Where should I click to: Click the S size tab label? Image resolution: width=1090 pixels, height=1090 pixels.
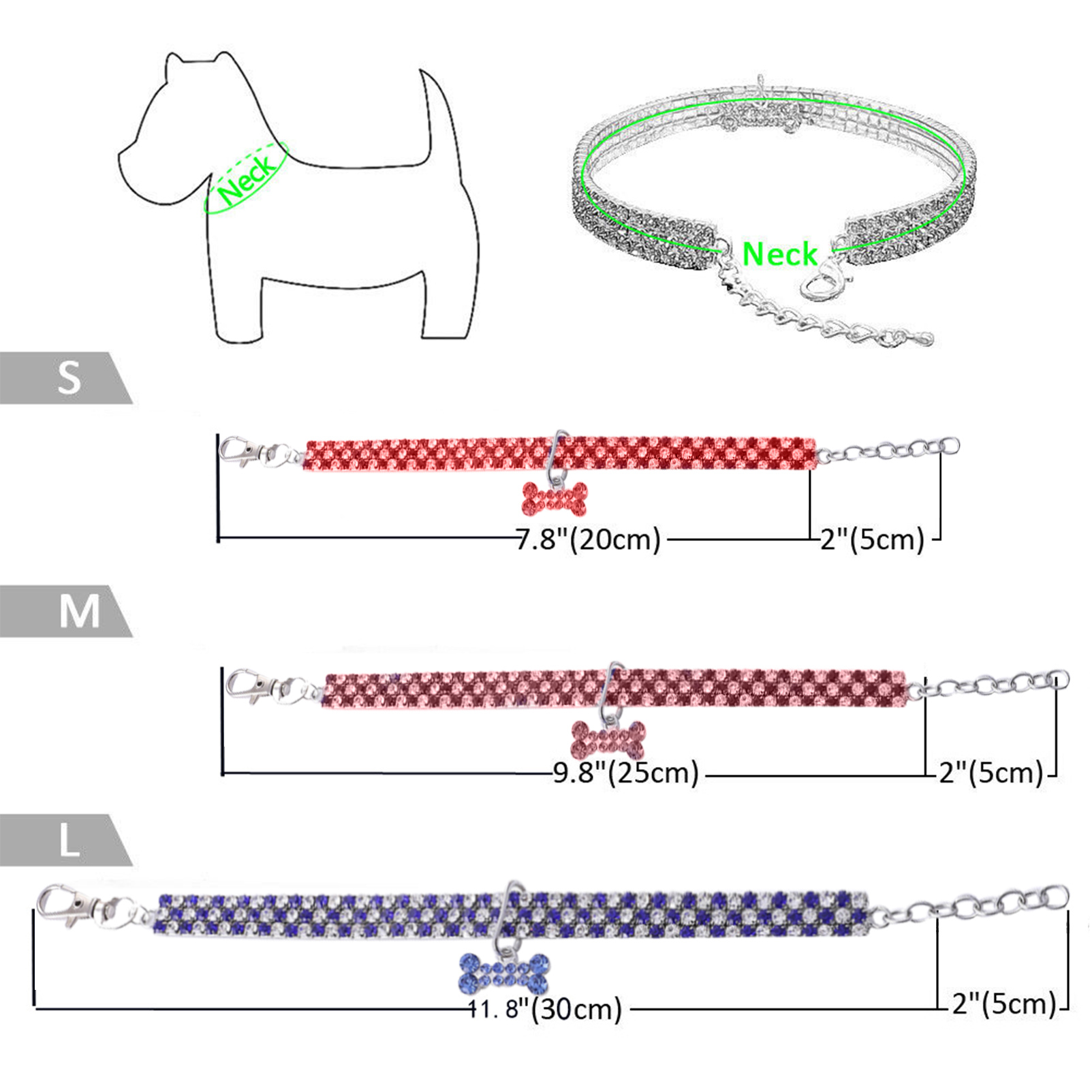click(69, 377)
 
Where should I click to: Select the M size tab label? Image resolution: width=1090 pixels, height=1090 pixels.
click(79, 611)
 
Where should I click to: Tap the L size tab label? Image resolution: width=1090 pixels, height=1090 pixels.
click(69, 841)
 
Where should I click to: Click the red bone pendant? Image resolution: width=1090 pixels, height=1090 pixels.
click(554, 499)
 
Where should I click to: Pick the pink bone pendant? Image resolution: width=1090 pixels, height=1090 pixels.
click(608, 740)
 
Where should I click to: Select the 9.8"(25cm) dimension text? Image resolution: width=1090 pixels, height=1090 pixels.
click(625, 773)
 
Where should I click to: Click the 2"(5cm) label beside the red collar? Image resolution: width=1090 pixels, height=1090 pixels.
click(872, 540)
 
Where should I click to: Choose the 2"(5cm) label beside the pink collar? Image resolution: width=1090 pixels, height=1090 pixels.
click(991, 773)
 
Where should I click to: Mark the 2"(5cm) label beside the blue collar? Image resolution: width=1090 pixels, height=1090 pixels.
click(1003, 1003)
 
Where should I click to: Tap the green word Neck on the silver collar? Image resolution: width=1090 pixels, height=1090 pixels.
click(779, 254)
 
